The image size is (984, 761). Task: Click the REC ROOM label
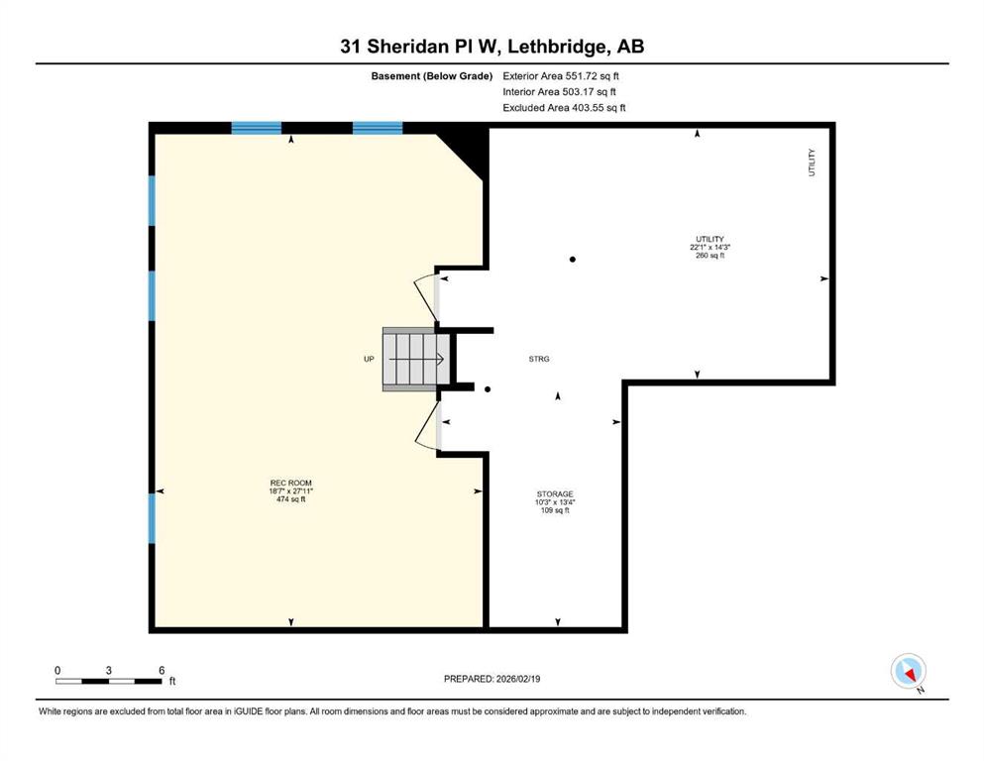pyautogui.click(x=290, y=491)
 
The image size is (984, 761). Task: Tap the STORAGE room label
pyautogui.click(x=555, y=502)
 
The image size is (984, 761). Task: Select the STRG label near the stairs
pyautogui.click(x=539, y=359)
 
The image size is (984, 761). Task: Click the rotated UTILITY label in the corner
pyautogui.click(x=812, y=163)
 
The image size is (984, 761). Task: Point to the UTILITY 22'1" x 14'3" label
pyautogui.click(x=710, y=247)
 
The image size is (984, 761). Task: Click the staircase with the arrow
pyautogui.click(x=416, y=360)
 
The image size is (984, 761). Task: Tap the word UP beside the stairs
pyautogui.click(x=369, y=359)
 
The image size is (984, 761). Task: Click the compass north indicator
pyautogui.click(x=909, y=672)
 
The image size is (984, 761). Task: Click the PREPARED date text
pyautogui.click(x=492, y=679)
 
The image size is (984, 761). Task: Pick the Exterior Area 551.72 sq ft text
pyautogui.click(x=561, y=76)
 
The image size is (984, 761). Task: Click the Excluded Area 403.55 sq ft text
pyautogui.click(x=564, y=107)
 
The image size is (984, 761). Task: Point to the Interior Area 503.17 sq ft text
pyautogui.click(x=559, y=91)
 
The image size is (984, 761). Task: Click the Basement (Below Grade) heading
pyautogui.click(x=432, y=76)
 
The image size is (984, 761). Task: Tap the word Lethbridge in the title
pyautogui.click(x=557, y=47)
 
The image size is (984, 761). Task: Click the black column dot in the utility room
pyautogui.click(x=573, y=259)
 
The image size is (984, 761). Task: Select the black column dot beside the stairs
pyautogui.click(x=488, y=389)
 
